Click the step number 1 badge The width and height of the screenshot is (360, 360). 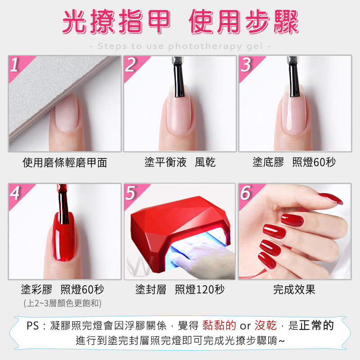[x=18, y=67]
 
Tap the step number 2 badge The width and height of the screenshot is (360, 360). [x=134, y=67]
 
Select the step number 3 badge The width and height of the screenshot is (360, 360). [x=249, y=67]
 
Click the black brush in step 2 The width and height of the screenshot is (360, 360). [x=179, y=77]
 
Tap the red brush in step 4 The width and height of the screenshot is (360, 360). [x=63, y=204]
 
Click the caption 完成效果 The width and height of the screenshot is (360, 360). [x=294, y=289]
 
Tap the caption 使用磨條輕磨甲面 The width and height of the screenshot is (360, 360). [x=65, y=162]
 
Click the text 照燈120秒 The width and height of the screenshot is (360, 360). [x=199, y=289]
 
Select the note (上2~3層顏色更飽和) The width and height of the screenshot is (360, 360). [x=63, y=303]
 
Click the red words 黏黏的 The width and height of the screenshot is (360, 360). [x=219, y=325]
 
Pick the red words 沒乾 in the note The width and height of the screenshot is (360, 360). [x=265, y=325]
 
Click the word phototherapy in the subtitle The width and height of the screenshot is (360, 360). [x=205, y=47]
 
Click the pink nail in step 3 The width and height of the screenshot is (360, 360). [x=294, y=110]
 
